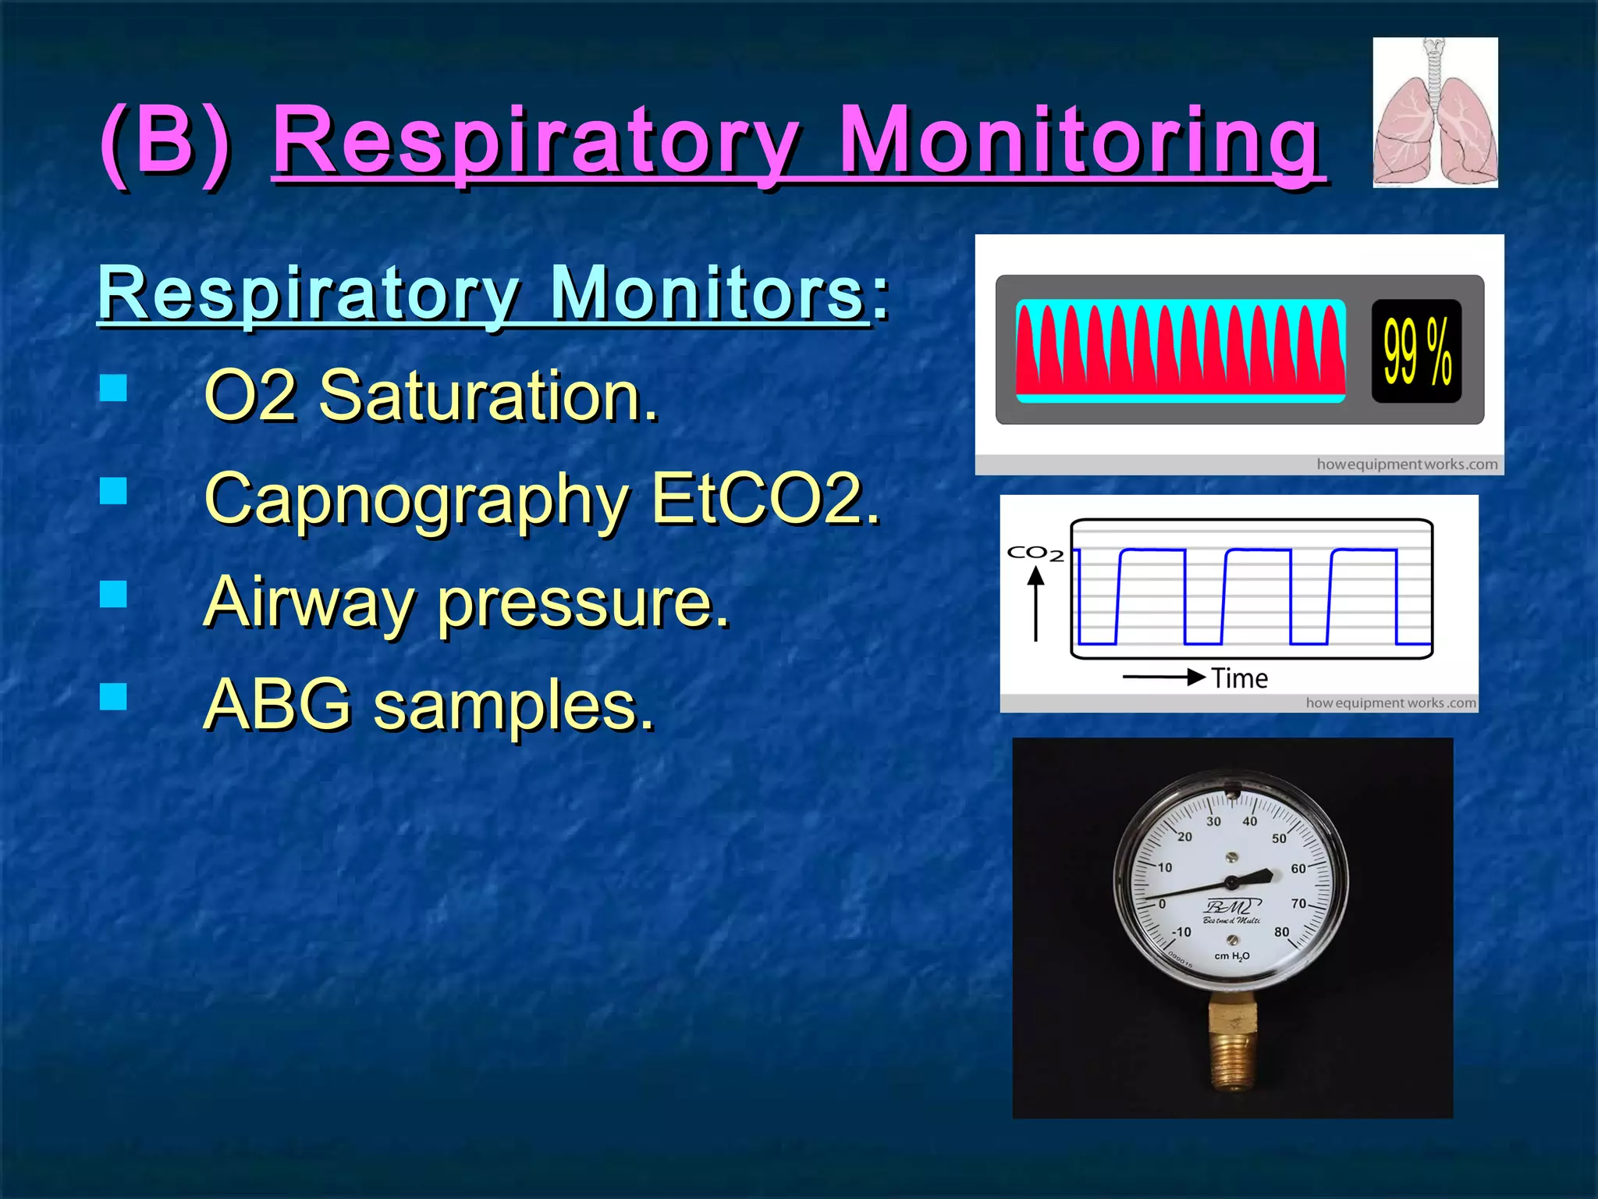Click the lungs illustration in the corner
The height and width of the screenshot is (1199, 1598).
tap(1435, 112)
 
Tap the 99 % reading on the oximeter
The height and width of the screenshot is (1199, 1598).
tap(1416, 351)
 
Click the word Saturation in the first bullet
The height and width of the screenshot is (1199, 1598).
tap(488, 397)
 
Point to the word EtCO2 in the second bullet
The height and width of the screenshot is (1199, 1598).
tap(765, 499)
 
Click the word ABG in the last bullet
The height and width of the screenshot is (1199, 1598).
tap(278, 705)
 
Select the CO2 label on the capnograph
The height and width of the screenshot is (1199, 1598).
tap(1035, 553)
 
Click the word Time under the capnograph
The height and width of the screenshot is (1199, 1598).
tap(1239, 678)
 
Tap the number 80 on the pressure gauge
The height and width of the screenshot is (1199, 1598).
tap(1281, 932)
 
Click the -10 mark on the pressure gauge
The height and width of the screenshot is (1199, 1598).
tap(1181, 932)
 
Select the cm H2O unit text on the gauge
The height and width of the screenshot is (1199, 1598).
tap(1232, 956)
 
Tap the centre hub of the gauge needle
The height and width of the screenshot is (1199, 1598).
tap(1232, 883)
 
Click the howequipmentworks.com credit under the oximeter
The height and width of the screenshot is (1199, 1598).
tap(1407, 464)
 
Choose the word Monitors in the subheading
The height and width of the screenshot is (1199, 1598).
tap(707, 294)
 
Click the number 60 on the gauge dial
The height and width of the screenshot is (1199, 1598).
tap(1298, 868)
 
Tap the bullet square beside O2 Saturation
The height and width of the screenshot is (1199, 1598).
tap(114, 387)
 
